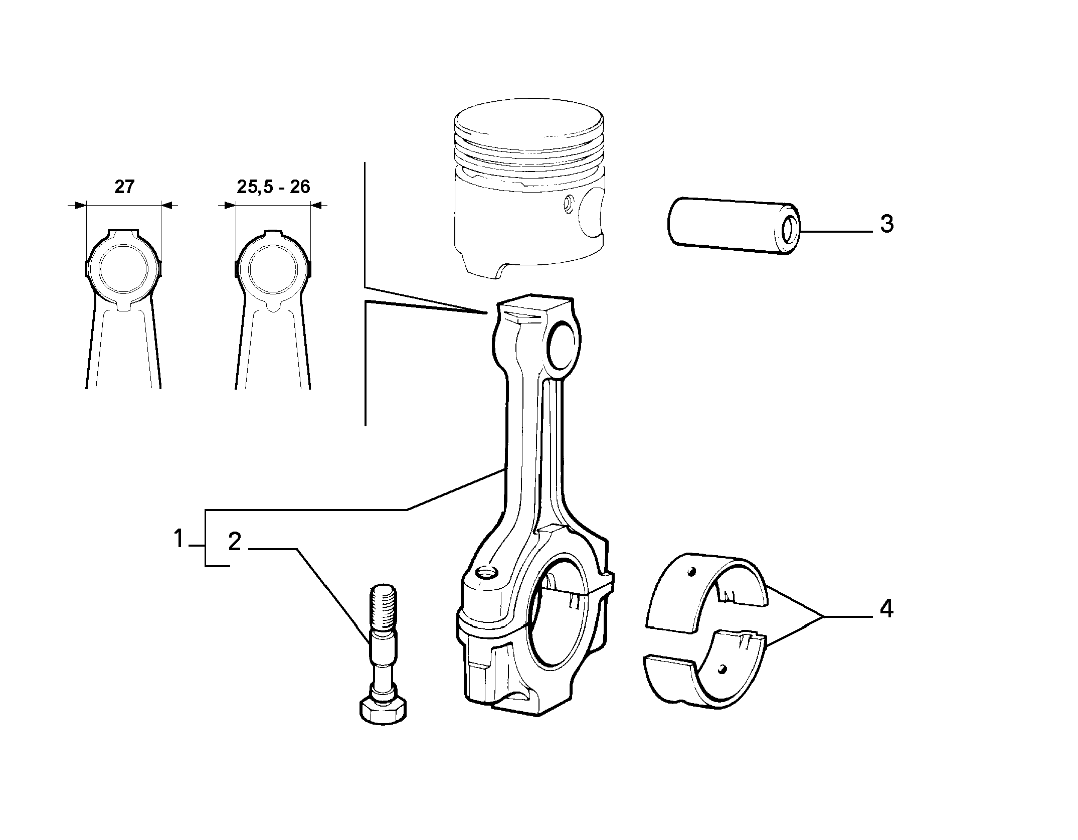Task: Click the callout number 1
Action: coord(179,540)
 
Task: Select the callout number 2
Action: coord(235,543)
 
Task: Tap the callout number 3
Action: coord(886,224)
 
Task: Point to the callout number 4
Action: coord(886,609)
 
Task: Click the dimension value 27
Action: coord(124,187)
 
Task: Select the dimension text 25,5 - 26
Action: coord(274,187)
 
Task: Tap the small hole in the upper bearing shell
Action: coord(692,572)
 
